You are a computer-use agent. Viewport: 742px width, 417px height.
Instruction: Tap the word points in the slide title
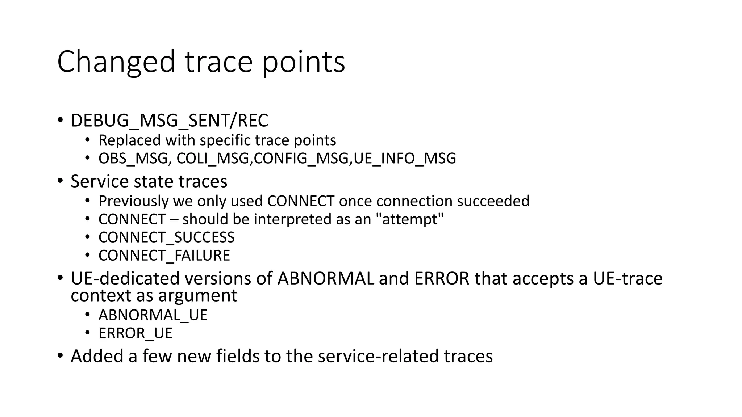(303, 62)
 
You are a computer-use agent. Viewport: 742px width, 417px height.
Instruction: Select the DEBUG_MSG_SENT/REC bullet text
(169, 121)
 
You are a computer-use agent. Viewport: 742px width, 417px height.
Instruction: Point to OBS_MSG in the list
(133, 159)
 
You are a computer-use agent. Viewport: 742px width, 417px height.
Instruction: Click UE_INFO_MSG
(405, 159)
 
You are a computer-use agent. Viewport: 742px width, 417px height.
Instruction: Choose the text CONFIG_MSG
(301, 159)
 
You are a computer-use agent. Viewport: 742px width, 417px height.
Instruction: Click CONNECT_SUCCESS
(166, 237)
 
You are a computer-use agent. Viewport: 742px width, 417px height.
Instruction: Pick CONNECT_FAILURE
(164, 256)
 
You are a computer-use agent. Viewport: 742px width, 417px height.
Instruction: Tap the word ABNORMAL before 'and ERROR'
(326, 279)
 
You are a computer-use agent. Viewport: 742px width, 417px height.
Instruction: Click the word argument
(197, 295)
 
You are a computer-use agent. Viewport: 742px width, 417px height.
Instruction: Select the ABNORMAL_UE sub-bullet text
(153, 315)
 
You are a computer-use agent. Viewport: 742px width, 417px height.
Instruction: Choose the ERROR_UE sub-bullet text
(136, 333)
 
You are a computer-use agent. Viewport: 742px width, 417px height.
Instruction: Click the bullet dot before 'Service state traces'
(60, 181)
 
